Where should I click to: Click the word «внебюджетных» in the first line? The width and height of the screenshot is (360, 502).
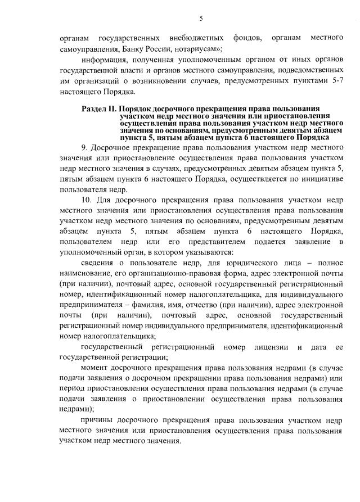[192, 38]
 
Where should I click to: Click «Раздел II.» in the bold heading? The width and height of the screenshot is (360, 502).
[99, 107]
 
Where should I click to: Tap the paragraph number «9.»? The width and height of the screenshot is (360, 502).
[85, 147]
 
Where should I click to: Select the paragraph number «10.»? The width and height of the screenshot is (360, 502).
[88, 200]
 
